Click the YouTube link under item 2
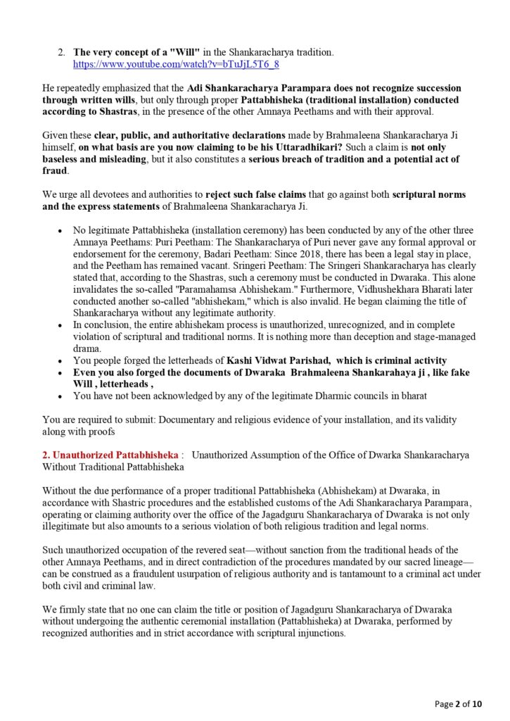tap(176, 64)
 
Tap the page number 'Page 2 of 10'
tap(459, 703)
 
